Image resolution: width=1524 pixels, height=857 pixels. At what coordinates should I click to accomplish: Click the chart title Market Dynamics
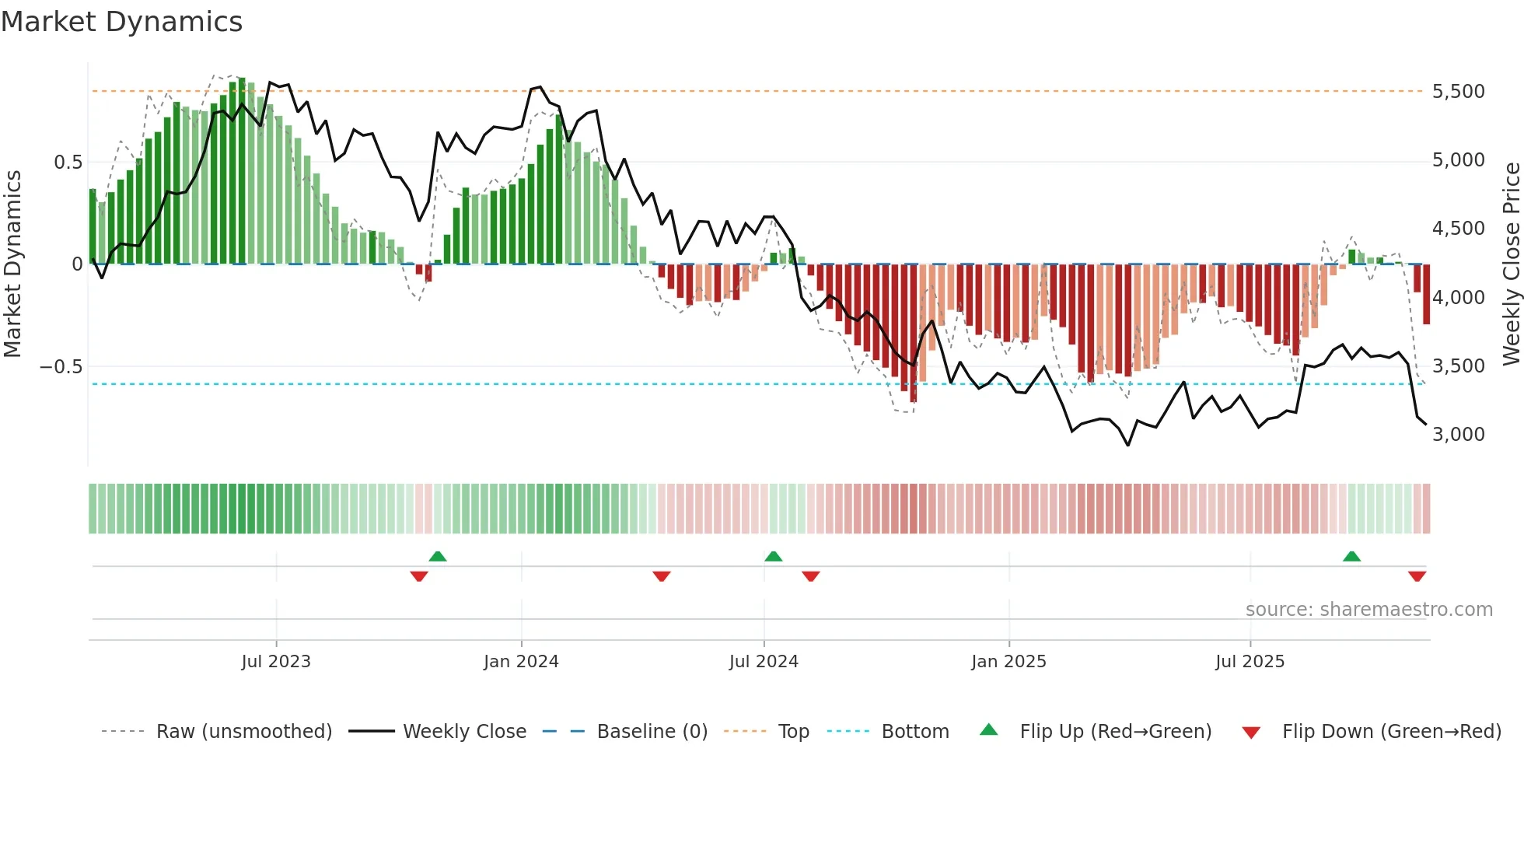121,22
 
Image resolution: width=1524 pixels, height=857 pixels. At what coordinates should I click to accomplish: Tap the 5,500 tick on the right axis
1458,92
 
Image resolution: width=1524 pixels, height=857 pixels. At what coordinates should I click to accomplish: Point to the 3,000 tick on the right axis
1458,435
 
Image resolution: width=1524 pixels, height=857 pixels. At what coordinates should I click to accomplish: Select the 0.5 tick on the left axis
68,163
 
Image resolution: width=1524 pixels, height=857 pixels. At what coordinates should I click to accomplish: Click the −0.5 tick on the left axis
61,366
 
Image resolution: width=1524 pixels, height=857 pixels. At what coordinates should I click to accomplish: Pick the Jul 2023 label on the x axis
276,662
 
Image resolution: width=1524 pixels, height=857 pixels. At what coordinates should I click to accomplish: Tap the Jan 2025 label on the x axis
1008,662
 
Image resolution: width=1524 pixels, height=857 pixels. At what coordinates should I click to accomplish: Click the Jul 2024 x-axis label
764,662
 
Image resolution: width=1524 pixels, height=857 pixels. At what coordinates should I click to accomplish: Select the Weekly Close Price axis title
1511,264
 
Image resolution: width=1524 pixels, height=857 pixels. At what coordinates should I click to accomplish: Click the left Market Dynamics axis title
12,264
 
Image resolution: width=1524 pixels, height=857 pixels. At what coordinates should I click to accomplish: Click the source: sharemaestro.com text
1368,610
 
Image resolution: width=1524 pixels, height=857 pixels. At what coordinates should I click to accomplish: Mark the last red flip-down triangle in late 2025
1417,576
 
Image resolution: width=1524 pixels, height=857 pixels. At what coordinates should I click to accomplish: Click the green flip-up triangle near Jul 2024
773,556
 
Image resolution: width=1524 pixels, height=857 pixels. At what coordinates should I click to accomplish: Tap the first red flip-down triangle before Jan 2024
419,576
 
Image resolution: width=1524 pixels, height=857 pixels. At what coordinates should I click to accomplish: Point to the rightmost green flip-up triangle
1351,556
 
